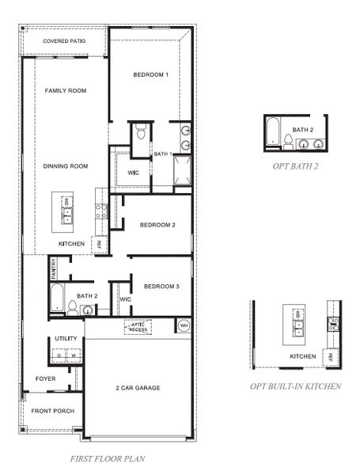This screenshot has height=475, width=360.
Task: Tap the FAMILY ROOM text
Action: pos(65,90)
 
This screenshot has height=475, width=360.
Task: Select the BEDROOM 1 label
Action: pos(150,74)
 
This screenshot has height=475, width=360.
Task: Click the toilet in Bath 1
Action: pos(140,132)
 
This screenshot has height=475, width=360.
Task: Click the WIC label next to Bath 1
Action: pos(132,172)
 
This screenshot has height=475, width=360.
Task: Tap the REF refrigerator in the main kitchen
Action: pos(100,245)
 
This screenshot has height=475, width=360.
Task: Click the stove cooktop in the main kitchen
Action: pos(101,211)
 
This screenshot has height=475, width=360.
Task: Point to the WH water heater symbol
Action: pos(184,325)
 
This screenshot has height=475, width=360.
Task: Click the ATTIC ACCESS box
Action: pos(139,326)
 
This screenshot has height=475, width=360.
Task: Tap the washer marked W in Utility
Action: pos(73,356)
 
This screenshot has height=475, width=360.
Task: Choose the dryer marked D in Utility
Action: pos(59,356)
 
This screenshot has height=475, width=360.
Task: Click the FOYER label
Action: pos(46,378)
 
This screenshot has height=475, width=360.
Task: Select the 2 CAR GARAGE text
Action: pos(138,388)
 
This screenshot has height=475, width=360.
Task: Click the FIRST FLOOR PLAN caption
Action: pos(107,458)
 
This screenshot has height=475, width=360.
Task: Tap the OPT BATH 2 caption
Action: pos(296,165)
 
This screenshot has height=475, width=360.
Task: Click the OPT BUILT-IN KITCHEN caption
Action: pos(296,386)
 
